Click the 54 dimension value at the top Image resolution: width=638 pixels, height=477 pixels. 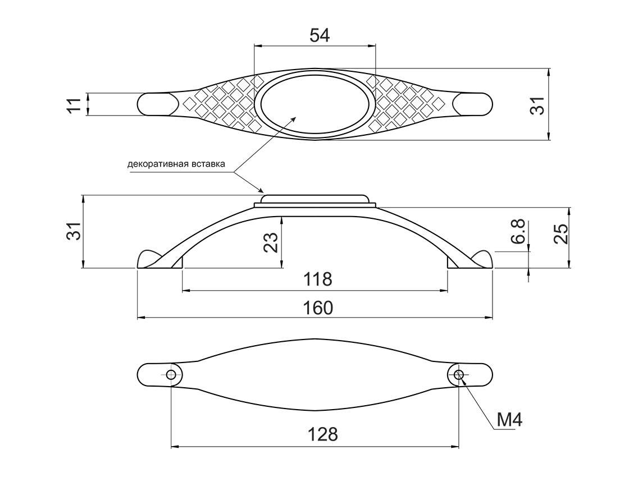[320, 35]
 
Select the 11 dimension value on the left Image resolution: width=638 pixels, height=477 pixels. [74, 105]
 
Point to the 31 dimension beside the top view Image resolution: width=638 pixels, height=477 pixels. [538, 106]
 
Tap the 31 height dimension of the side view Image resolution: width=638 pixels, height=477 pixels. [74, 231]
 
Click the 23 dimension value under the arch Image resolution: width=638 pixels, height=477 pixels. [271, 242]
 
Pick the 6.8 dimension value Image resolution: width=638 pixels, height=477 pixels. [518, 232]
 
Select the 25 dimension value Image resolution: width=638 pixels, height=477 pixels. [560, 233]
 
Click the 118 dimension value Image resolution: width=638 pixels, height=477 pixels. [318, 279]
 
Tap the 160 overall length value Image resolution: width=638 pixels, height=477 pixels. [318, 308]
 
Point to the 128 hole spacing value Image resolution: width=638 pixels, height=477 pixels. [322, 434]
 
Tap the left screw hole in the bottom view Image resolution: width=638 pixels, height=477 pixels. [171, 375]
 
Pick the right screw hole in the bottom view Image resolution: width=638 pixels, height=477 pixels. [459, 375]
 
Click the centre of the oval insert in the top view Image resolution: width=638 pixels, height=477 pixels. [315, 104]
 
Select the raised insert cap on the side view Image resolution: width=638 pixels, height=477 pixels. [315, 199]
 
